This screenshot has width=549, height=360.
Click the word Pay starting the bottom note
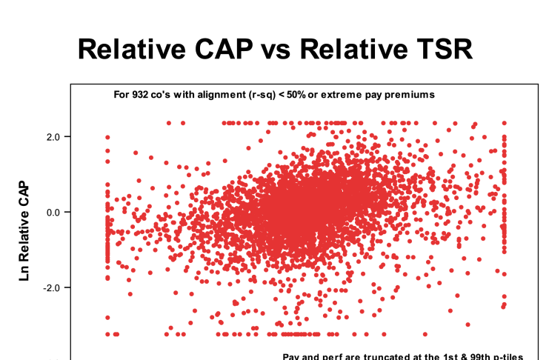click(x=291, y=356)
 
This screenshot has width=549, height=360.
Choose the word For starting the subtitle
click(x=122, y=94)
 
